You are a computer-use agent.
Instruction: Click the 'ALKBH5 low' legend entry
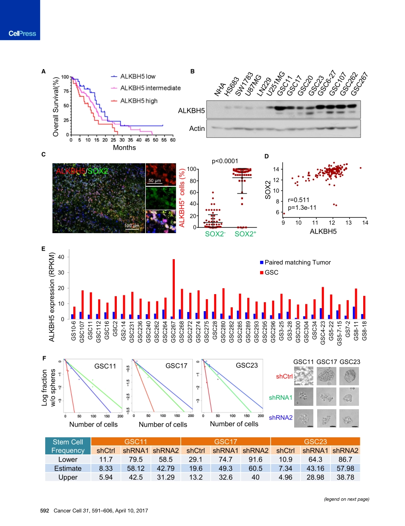coord(137,76)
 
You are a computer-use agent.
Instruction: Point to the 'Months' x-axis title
coord(124,147)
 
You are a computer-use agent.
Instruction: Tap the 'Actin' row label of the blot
coord(197,128)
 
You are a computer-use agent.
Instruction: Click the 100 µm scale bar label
coord(132,225)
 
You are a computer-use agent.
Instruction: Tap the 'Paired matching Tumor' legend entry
coord(298,262)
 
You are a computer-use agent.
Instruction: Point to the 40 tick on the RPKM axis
coord(61,257)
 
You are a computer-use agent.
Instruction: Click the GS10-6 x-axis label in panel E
coord(74,331)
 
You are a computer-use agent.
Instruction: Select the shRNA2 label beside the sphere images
coord(280,418)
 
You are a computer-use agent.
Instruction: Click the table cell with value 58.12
coord(136,468)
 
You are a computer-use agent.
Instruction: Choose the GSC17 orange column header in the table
coord(226,442)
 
